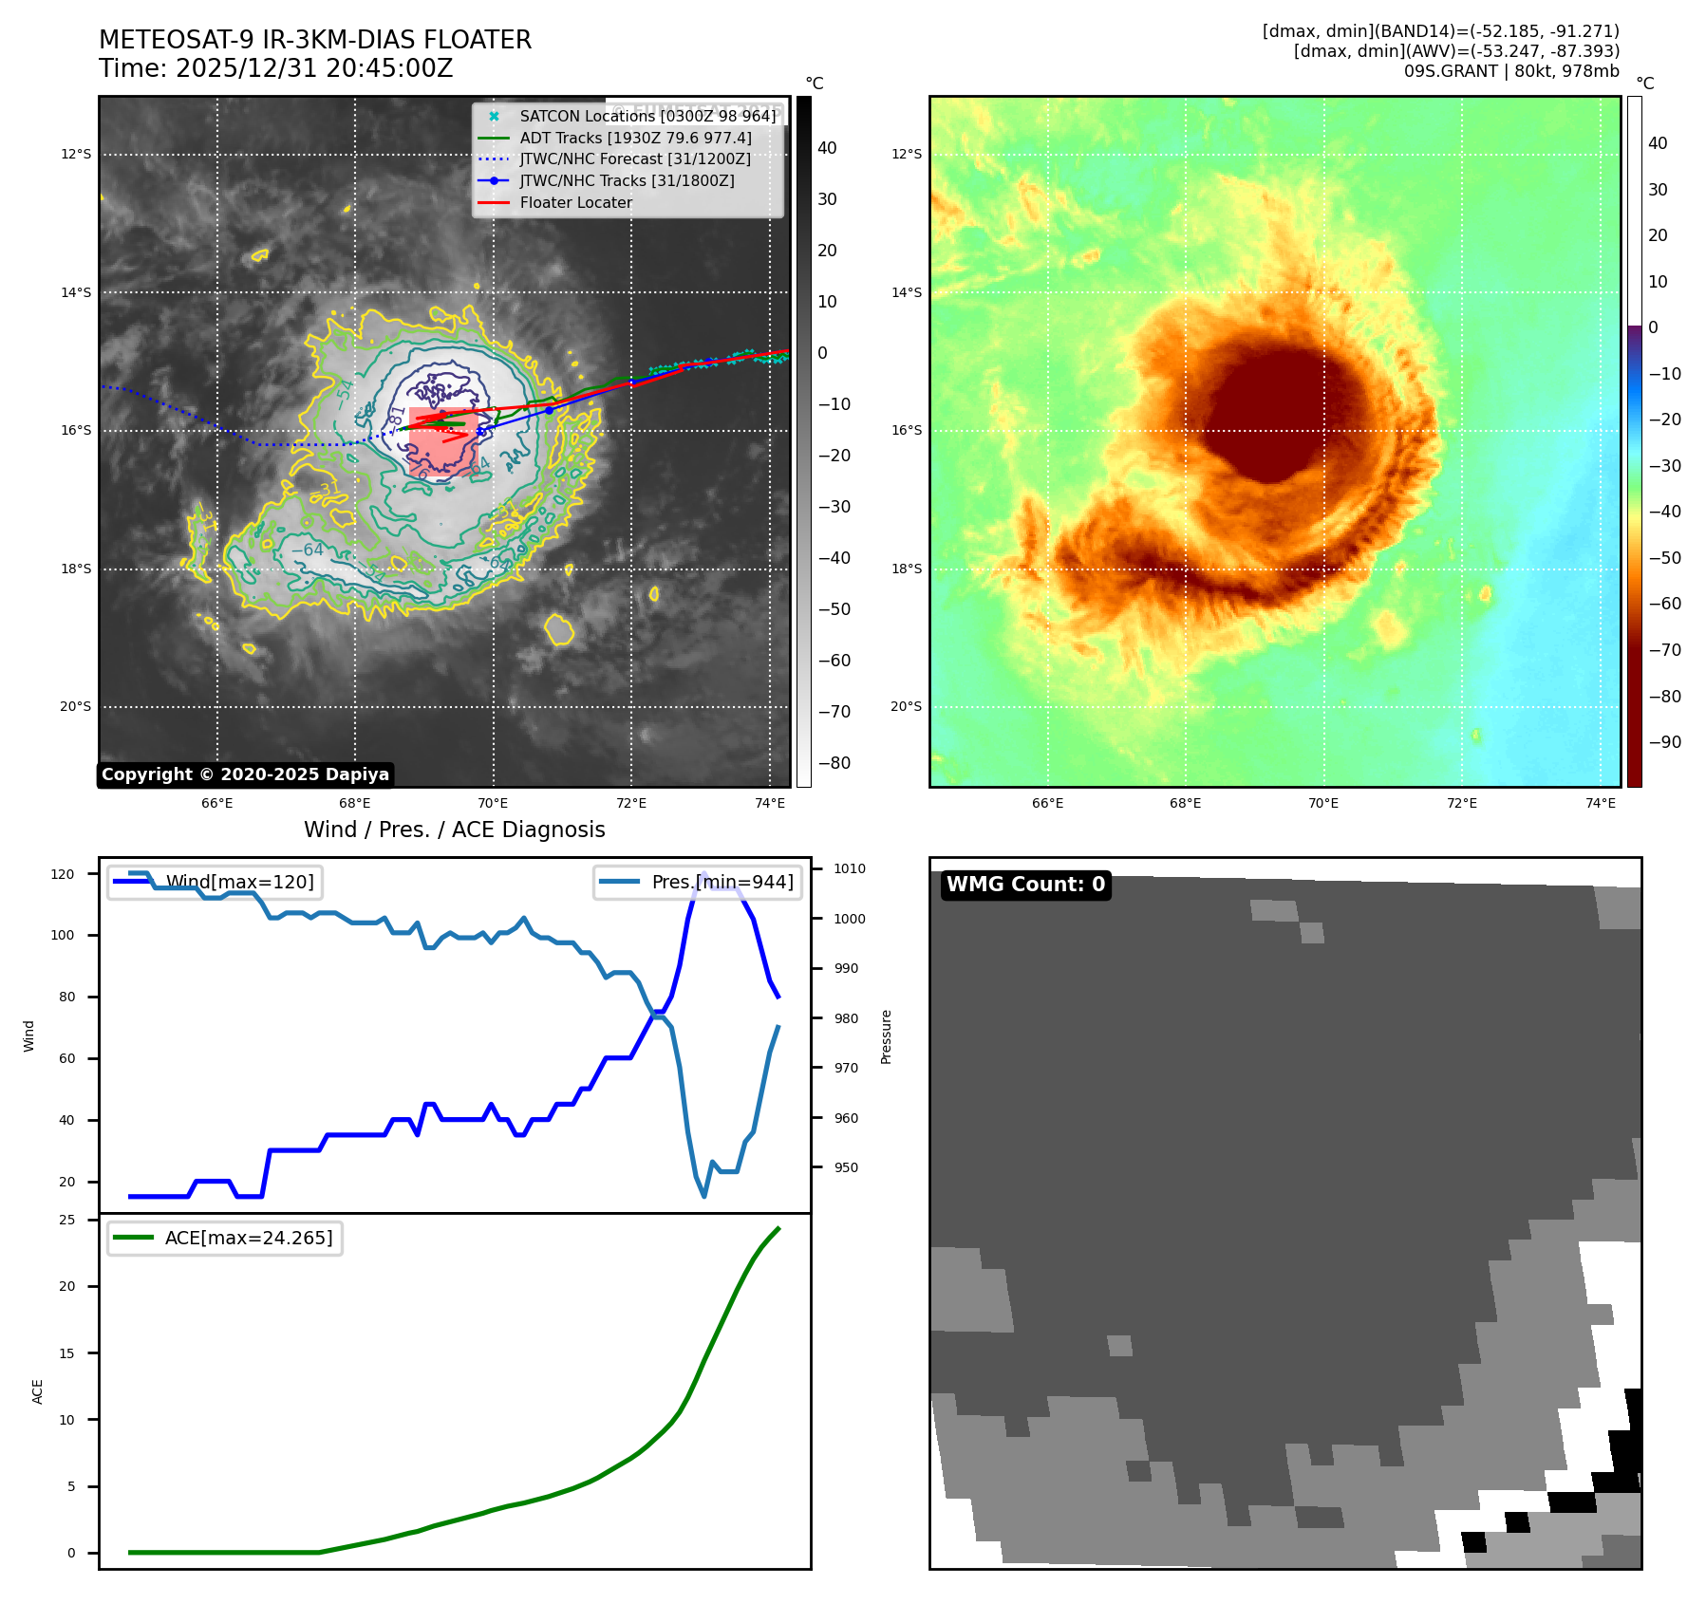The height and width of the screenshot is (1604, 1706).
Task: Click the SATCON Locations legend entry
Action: (647, 116)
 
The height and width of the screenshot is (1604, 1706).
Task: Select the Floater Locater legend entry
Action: (575, 202)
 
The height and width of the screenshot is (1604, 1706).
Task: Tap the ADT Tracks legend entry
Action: (635, 138)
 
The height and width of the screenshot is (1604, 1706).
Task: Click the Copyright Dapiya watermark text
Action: (245, 774)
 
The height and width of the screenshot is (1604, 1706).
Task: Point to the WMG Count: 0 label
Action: (1025, 885)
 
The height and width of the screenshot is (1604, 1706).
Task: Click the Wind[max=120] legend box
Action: (216, 882)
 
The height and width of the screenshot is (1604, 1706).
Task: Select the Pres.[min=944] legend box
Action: (698, 882)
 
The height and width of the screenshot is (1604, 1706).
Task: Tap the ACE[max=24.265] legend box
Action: (225, 1238)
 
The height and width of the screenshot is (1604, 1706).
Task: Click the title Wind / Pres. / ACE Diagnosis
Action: (454, 830)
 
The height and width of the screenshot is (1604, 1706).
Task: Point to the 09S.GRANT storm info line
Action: (1511, 71)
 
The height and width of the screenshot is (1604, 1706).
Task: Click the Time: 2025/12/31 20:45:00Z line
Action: (275, 68)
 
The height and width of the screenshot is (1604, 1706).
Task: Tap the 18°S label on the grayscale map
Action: (76, 569)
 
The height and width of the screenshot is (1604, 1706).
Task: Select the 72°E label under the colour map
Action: (1462, 803)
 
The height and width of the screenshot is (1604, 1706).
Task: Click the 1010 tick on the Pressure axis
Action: (849, 868)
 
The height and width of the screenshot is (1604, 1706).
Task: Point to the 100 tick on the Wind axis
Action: (63, 935)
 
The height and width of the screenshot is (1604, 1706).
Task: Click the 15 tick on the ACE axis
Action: (66, 1353)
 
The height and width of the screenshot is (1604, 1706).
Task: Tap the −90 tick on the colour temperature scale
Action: (1664, 742)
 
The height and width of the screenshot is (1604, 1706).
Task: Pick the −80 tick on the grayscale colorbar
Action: (834, 763)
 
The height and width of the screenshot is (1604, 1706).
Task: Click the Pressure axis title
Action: (886, 1036)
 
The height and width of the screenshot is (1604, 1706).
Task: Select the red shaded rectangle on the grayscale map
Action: (442, 442)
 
